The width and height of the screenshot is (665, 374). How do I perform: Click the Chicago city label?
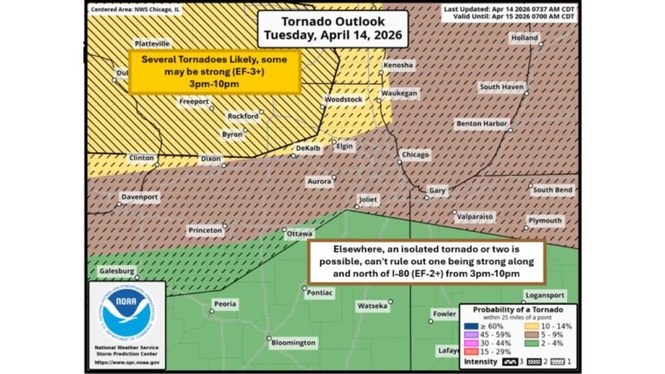coord(414,155)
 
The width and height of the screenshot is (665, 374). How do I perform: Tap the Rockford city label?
coord(242,116)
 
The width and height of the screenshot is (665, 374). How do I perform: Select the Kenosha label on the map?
coord(398,66)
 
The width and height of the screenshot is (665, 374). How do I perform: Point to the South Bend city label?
coord(552,190)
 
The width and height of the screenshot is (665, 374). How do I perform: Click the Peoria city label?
coord(225,305)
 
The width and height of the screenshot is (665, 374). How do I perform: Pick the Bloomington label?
coord(294,343)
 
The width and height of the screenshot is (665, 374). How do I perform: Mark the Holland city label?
coord(524,39)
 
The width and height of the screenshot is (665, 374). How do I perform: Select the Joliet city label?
coord(369,199)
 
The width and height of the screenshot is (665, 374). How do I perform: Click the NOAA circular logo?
coord(126,313)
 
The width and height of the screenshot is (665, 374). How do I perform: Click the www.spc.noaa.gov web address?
coord(128,361)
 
